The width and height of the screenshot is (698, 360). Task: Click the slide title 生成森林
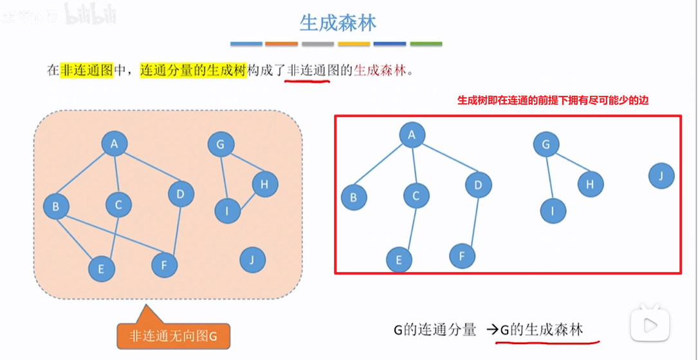click(338, 23)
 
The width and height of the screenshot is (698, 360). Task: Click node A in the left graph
click(115, 144)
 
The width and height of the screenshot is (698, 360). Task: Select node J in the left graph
click(252, 260)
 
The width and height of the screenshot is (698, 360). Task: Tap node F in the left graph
click(165, 264)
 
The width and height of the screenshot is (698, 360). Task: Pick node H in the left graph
click(264, 184)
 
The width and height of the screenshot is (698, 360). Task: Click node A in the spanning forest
click(412, 135)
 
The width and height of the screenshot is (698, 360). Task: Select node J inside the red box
click(661, 176)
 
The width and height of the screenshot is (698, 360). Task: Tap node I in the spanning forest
click(553, 210)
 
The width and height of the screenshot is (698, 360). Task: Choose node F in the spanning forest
click(462, 256)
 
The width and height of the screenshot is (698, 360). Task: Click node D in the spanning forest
click(479, 185)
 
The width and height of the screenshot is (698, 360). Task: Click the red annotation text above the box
click(557, 101)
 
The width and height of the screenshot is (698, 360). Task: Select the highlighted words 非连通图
click(86, 70)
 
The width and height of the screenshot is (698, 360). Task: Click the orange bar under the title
click(282, 44)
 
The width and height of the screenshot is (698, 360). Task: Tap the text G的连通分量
click(435, 330)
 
